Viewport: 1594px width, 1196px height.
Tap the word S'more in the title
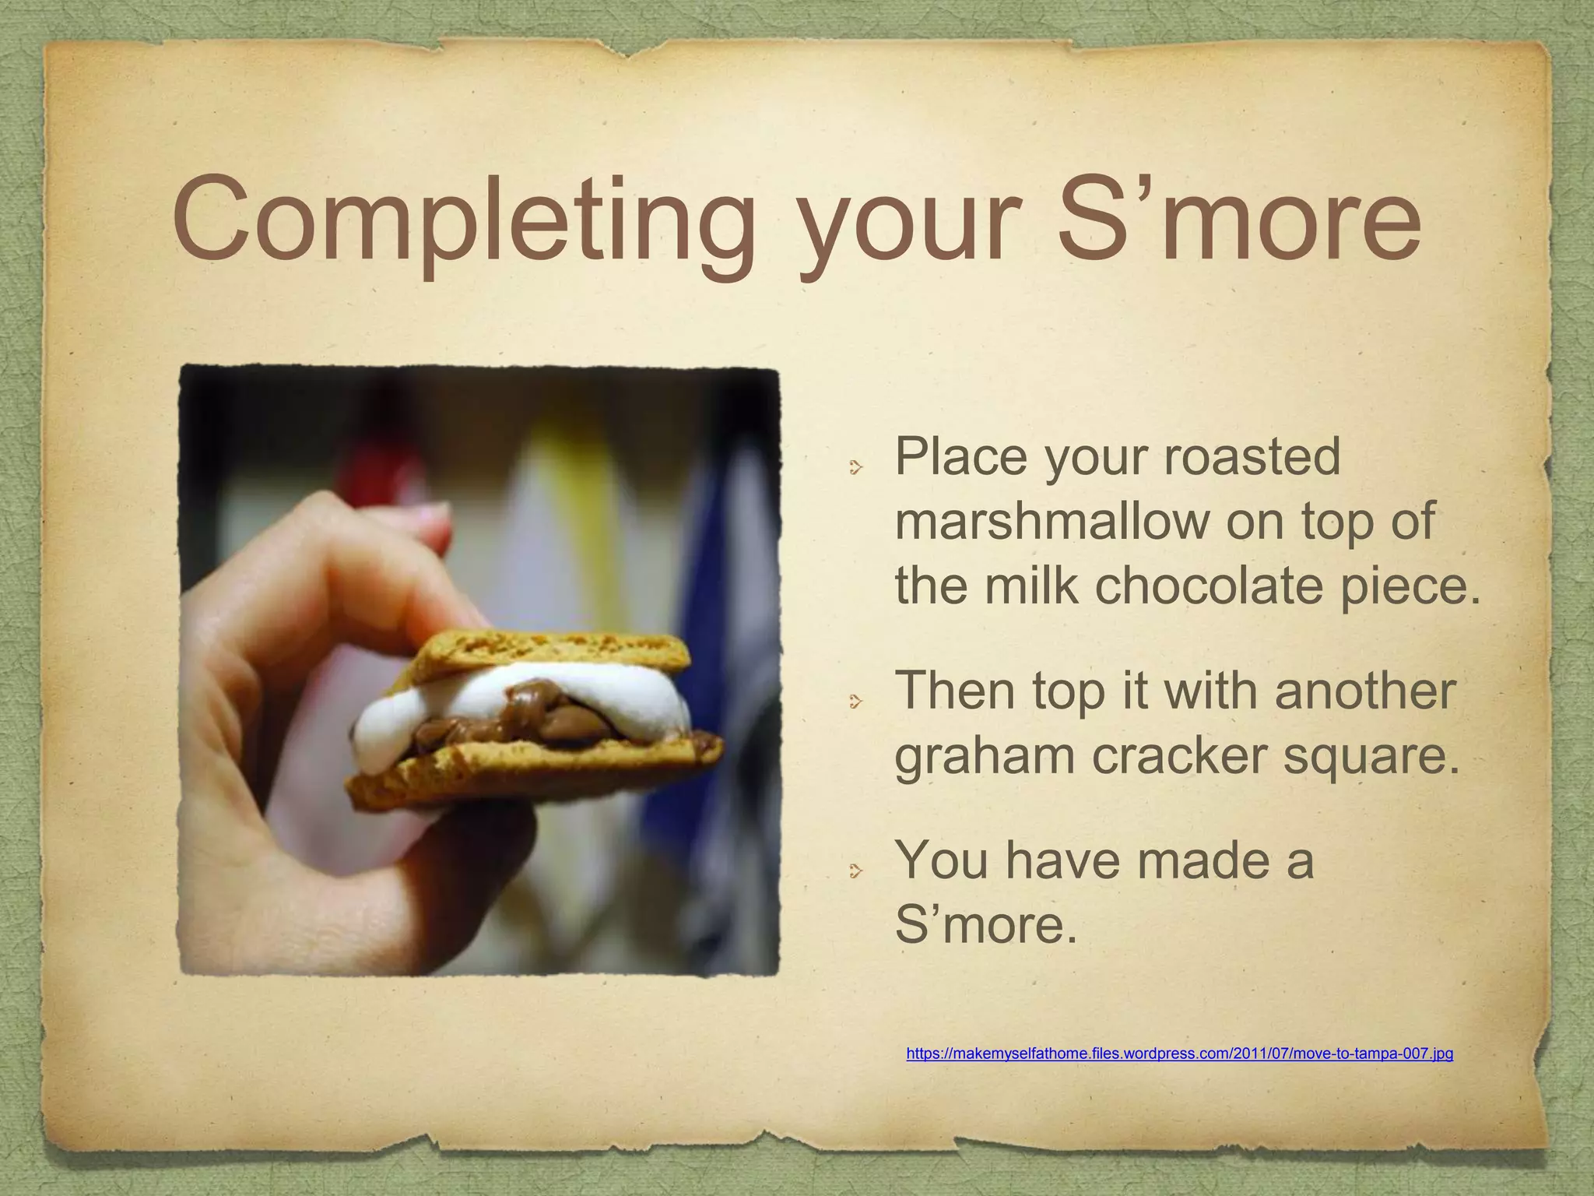pyautogui.click(x=1238, y=218)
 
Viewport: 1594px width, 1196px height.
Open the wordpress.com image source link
pyautogui.click(x=1179, y=1054)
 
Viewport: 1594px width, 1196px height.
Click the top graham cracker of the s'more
pyautogui.click(x=545, y=651)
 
